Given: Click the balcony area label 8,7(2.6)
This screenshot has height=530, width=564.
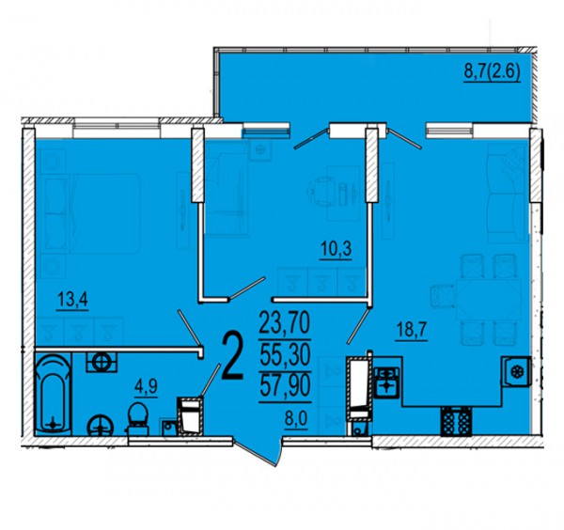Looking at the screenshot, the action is click(x=492, y=72).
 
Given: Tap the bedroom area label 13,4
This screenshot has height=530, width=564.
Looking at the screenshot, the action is click(x=72, y=299).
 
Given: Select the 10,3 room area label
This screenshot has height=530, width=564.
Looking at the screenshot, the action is click(x=337, y=249).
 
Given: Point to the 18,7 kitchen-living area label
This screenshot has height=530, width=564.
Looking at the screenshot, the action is click(x=411, y=330).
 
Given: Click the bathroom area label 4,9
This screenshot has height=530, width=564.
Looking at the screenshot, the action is click(x=146, y=387).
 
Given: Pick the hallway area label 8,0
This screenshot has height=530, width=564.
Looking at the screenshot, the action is click(x=296, y=419).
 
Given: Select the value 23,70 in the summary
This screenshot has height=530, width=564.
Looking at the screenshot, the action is click(x=285, y=322).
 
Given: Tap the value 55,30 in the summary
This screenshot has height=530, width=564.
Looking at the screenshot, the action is click(x=285, y=354).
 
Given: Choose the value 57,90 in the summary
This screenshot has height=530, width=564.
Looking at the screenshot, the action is click(x=285, y=386).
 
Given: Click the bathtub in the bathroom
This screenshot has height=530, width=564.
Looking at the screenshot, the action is click(x=53, y=394).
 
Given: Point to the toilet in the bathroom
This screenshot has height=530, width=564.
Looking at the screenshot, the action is click(x=137, y=419).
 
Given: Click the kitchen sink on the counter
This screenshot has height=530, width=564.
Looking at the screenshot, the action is click(x=386, y=382).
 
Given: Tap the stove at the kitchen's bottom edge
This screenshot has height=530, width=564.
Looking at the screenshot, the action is click(x=456, y=421).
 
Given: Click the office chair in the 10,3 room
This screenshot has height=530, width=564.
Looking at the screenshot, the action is click(x=321, y=191).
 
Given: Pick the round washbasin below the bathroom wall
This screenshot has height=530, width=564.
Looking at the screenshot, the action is click(x=101, y=426).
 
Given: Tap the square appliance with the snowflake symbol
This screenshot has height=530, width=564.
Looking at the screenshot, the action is click(x=516, y=371).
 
